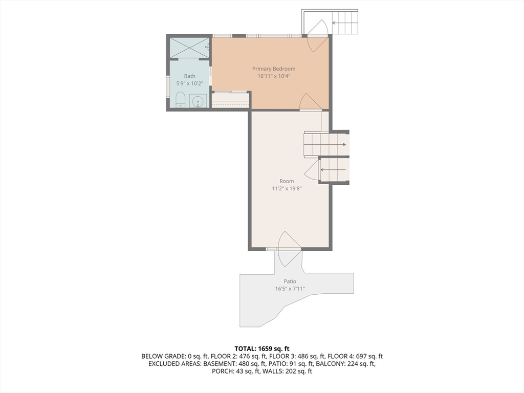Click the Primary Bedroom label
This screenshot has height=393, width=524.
point(274,69)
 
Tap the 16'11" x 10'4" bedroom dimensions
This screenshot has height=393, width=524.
point(274,76)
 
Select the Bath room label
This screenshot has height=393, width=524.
point(189,76)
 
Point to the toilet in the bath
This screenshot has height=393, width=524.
point(181,99)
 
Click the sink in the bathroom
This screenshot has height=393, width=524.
point(198,101)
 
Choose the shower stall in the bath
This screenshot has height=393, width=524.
point(189,48)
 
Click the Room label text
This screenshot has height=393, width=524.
point(287,181)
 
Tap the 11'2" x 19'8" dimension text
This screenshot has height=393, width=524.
point(287,188)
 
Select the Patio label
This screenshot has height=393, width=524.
point(290,281)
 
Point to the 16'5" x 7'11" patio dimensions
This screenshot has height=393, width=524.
point(290,289)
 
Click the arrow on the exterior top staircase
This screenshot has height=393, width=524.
point(339,23)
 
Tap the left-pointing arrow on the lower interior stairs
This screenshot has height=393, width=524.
point(333,170)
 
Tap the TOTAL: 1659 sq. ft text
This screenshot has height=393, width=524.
point(261,349)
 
